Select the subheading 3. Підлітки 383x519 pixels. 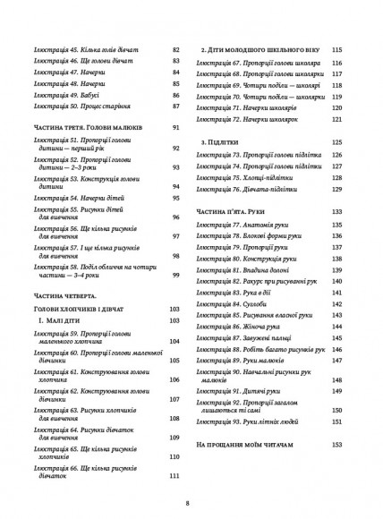pos(217,142)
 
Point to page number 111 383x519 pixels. pos(176,475)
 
